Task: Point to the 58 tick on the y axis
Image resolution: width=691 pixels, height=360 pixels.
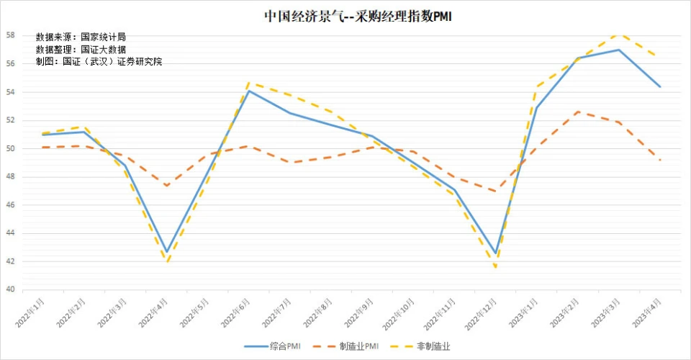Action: click(12, 35)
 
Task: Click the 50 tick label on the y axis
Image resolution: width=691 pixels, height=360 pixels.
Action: click(12, 149)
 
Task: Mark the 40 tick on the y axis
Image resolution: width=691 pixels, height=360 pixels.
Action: click(12, 290)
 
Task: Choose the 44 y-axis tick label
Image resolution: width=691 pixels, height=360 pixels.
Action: click(12, 233)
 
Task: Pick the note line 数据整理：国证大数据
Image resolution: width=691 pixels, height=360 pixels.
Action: click(81, 49)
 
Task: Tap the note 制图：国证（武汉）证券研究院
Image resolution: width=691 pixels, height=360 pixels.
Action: click(99, 61)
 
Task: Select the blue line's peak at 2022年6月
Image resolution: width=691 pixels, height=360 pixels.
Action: click(249, 91)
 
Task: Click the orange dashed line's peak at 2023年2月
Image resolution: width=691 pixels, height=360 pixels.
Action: click(578, 112)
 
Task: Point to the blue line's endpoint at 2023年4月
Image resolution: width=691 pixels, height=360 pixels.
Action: click(660, 86)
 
